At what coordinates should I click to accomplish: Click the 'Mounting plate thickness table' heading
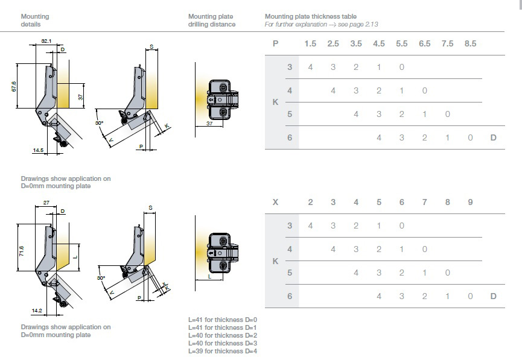310,16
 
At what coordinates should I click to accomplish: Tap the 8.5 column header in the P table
470,43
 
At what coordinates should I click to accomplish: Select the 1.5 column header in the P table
310,43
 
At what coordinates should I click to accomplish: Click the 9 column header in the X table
470,202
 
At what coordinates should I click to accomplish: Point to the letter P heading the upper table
276,43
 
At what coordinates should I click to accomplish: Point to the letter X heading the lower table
276,202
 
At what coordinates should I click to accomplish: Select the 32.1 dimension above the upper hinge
46,41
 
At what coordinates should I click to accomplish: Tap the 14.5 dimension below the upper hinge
39,150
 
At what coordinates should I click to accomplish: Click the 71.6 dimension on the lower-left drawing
21,250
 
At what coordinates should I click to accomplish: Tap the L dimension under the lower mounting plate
209,276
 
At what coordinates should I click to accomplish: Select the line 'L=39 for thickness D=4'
223,351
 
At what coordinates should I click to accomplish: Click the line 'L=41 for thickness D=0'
223,320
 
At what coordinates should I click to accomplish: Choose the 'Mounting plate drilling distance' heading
212,21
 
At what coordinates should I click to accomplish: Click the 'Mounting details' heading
34,21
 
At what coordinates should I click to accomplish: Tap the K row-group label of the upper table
276,103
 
